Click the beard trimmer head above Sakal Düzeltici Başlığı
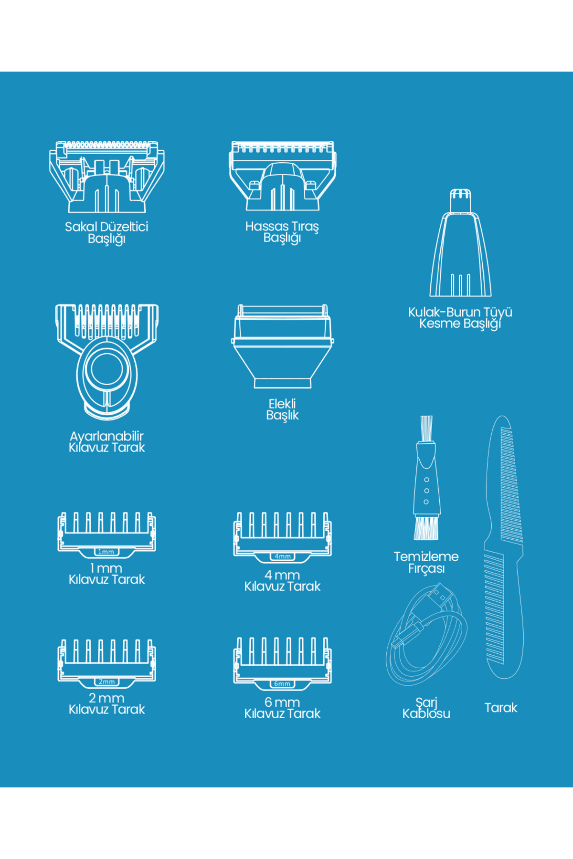click(x=106, y=177)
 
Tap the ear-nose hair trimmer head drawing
click(x=460, y=243)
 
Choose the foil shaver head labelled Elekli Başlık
click(x=282, y=346)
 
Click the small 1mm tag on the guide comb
click(x=106, y=552)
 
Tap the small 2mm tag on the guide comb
click(x=106, y=681)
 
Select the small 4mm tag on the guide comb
click(x=282, y=556)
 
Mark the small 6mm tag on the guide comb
click(x=282, y=683)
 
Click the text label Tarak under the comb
click(x=501, y=708)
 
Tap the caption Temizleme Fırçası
click(x=426, y=562)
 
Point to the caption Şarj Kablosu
click(x=426, y=708)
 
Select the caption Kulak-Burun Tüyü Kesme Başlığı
click(x=460, y=318)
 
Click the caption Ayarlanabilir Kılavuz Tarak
click(x=106, y=441)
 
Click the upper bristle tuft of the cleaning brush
click(x=426, y=429)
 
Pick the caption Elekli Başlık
click(x=282, y=409)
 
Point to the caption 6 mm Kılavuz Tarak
click(x=282, y=708)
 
